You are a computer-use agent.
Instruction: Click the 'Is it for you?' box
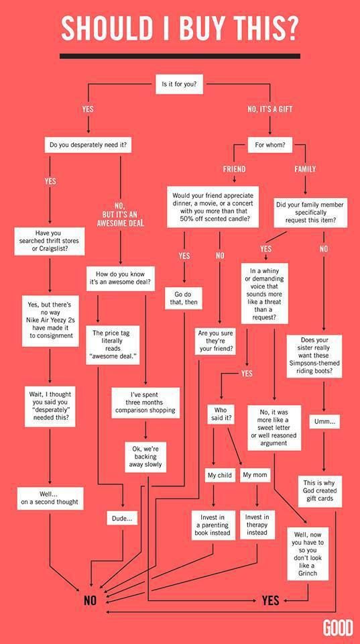click(x=180, y=85)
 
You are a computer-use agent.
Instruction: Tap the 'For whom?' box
click(x=271, y=145)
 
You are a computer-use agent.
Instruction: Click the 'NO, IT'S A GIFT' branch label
click(x=270, y=109)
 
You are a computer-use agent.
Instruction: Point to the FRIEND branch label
click(x=234, y=169)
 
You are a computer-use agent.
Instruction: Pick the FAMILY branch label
click(x=305, y=169)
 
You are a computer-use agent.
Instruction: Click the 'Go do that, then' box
click(x=183, y=299)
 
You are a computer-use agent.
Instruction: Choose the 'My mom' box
click(x=255, y=475)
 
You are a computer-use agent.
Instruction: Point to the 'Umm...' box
click(x=324, y=422)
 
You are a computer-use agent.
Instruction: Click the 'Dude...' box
click(x=122, y=519)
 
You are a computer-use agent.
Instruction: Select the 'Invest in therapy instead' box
click(x=257, y=525)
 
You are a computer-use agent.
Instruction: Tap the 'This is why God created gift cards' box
click(x=320, y=491)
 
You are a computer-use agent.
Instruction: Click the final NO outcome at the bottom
click(x=90, y=600)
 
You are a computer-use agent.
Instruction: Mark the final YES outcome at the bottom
click(x=271, y=600)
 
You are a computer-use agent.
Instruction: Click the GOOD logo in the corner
click(x=338, y=629)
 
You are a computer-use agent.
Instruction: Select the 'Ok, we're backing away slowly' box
click(x=145, y=457)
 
